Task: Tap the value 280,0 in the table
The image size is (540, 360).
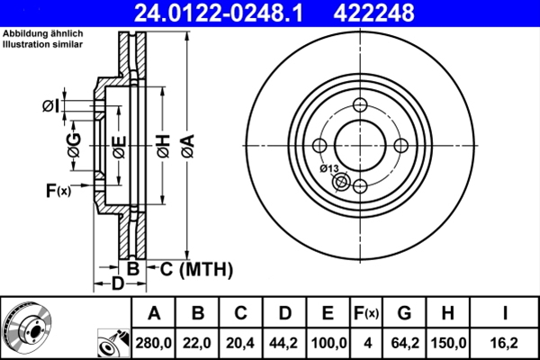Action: click(x=154, y=343)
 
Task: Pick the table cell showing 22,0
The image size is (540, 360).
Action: click(x=197, y=343)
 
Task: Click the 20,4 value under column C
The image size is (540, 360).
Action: click(x=240, y=343)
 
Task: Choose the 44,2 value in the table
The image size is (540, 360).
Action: click(x=284, y=343)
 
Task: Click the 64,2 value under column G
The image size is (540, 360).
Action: click(x=404, y=343)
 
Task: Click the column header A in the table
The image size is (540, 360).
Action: click(x=154, y=313)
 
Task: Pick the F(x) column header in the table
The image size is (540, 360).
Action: click(x=365, y=313)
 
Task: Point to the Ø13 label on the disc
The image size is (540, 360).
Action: click(x=328, y=169)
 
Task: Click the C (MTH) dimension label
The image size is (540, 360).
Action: click(x=191, y=268)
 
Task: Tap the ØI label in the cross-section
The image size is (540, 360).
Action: click(x=51, y=107)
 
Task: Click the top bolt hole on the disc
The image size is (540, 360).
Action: click(x=360, y=103)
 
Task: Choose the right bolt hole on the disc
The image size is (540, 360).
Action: click(x=401, y=145)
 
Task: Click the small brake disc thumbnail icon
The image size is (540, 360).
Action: click(x=27, y=327)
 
